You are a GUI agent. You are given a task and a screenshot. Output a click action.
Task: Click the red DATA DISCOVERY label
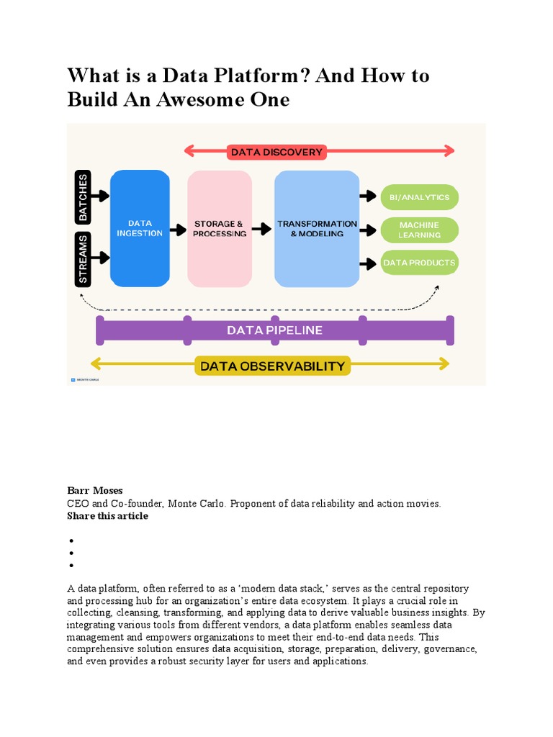pos(276,152)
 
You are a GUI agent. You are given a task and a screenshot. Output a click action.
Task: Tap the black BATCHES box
pos(84,196)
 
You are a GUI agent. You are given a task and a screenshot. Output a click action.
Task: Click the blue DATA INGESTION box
pos(140,228)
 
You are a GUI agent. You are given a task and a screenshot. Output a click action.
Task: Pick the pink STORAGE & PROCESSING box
pos(220,228)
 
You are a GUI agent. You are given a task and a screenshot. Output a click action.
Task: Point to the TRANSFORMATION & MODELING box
pos(317,228)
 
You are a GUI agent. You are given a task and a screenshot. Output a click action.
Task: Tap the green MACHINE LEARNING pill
pos(418,230)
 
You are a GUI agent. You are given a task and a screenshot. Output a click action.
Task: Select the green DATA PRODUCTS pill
pos(418,263)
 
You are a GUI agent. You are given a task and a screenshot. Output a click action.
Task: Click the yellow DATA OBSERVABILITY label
pos(272,366)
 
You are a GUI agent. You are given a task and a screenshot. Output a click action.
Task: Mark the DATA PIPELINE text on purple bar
pos(274,330)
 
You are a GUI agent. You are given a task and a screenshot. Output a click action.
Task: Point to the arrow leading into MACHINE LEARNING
pos(368,230)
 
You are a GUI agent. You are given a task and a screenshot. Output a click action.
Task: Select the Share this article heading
pos(107,516)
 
